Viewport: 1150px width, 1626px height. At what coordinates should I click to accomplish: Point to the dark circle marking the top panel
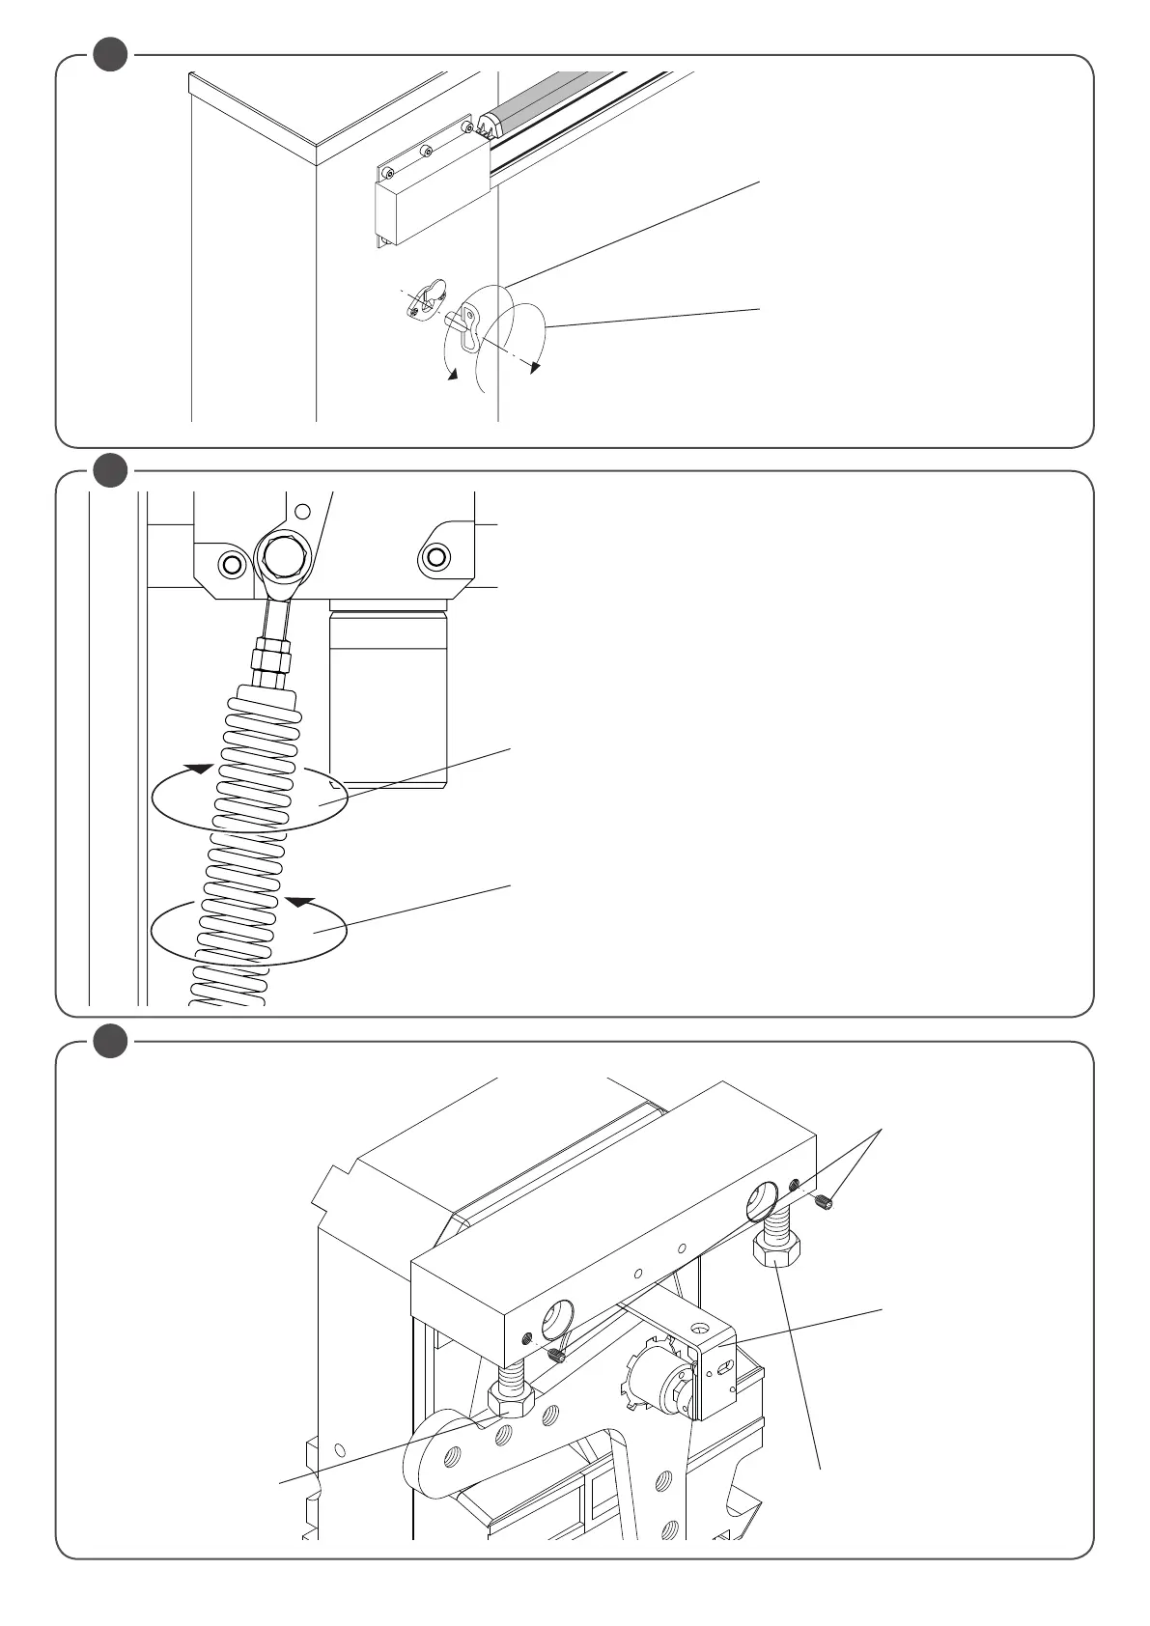[x=111, y=54]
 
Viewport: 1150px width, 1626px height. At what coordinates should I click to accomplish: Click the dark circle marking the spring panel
[x=111, y=470]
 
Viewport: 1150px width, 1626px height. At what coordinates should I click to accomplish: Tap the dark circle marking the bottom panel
[x=111, y=1041]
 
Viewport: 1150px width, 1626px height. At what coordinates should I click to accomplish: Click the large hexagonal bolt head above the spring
[x=281, y=558]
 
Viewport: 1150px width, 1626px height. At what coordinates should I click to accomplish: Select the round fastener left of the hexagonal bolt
[x=231, y=563]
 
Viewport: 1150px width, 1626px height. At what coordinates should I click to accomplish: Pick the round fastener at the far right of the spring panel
[x=435, y=557]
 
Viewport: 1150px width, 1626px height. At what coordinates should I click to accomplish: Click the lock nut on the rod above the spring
[x=270, y=660]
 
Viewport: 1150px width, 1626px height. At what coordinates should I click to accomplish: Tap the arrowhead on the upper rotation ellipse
[x=199, y=769]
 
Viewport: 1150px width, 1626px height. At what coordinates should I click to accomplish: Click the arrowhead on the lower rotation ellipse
[x=300, y=903]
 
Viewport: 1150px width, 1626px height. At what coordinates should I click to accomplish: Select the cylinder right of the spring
[x=389, y=695]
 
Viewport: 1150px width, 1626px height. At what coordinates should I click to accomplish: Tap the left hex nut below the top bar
[x=512, y=1397]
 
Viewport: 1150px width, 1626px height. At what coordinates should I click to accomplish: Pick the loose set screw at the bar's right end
[x=824, y=1202]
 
